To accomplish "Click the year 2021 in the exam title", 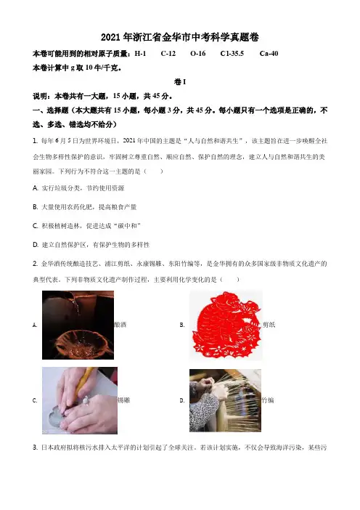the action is [111, 38].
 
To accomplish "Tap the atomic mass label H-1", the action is [140, 54].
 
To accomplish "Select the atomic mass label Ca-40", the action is [269, 54].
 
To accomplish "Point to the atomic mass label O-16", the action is [198, 54].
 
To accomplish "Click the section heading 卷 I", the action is [180, 82].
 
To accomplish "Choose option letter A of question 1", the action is [35, 188].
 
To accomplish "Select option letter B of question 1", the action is [35, 207].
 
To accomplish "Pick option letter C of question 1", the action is [35, 226].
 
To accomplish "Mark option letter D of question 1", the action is [35, 245].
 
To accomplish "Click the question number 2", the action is [35, 264].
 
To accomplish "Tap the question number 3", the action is [35, 448].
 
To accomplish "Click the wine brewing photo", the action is [78, 325].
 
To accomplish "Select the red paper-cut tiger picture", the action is [226, 325].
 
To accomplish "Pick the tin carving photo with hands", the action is [80, 400].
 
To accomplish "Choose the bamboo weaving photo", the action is [225, 400].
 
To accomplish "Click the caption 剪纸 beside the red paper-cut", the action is [269, 324].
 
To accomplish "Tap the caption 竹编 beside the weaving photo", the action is [268, 400].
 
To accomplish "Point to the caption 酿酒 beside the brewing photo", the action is [120, 324].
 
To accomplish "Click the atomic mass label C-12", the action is [168, 54].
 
